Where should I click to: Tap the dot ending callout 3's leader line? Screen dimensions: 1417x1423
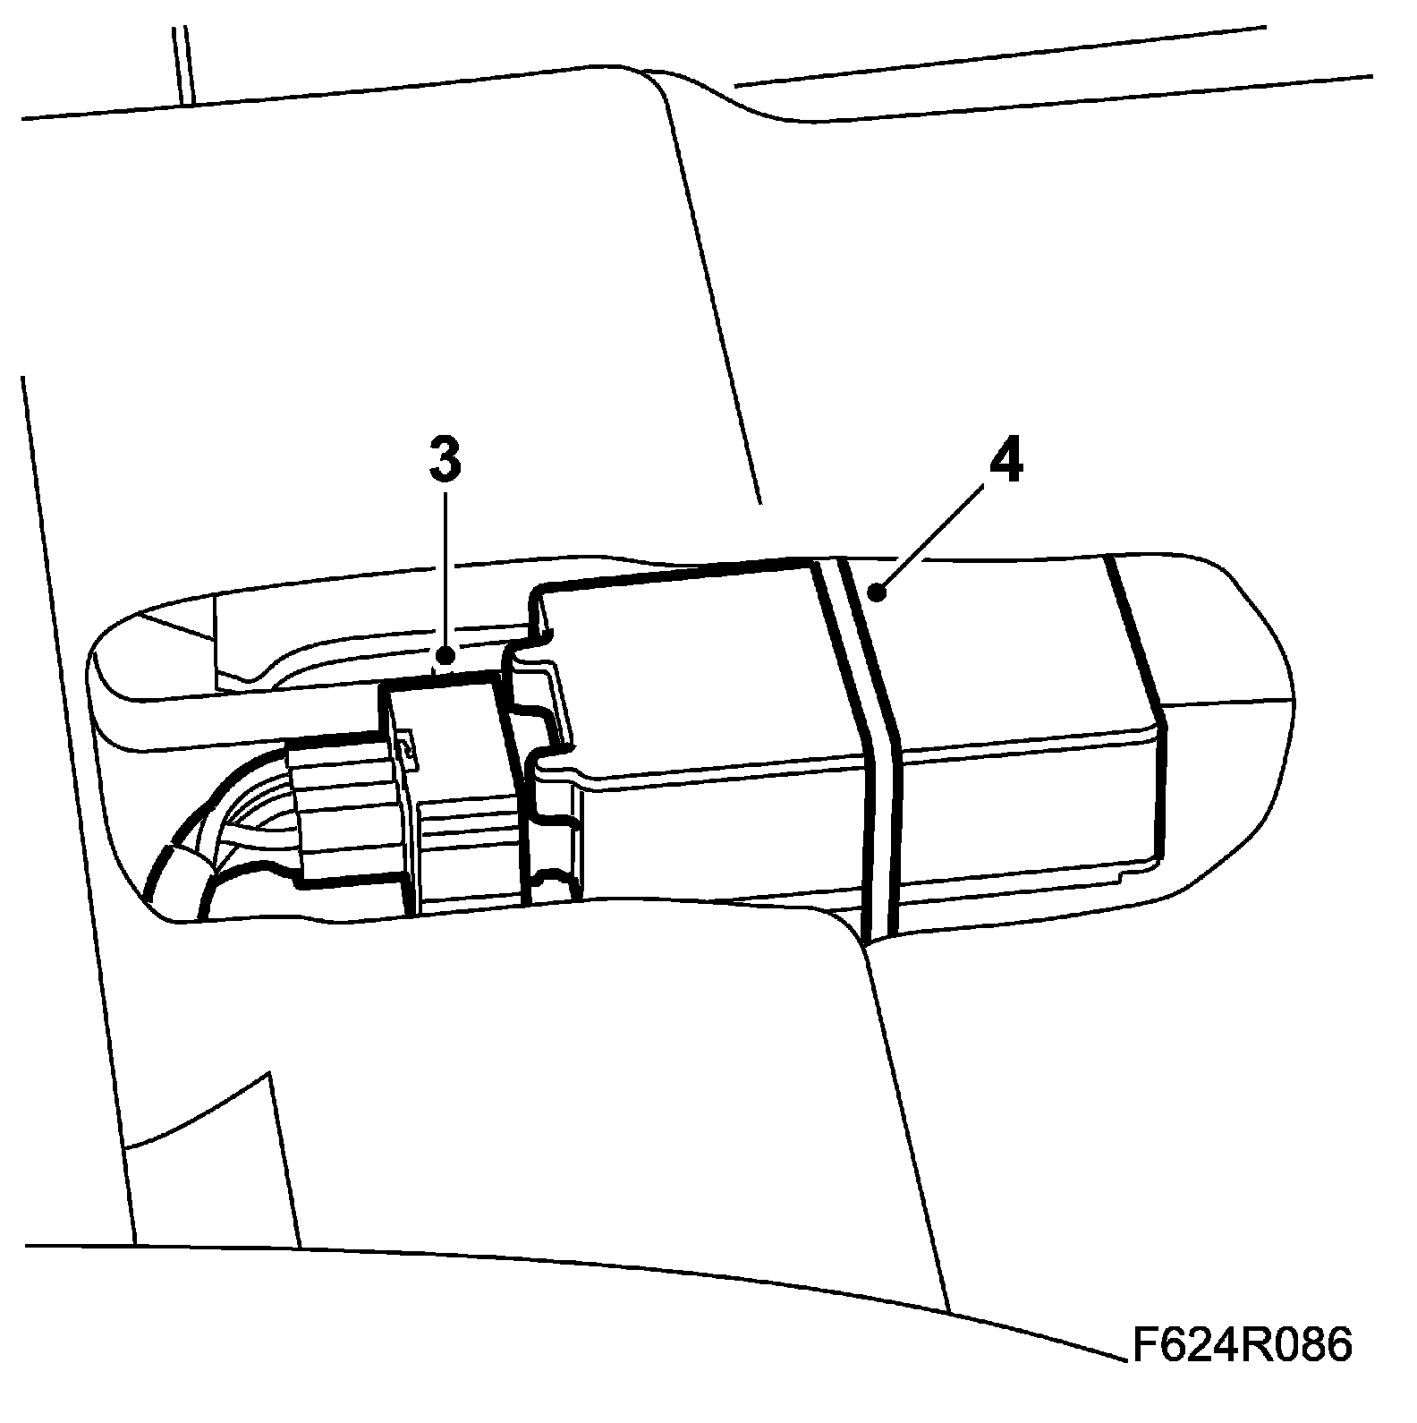(x=445, y=658)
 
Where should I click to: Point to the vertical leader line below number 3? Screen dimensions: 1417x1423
(x=445, y=573)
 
